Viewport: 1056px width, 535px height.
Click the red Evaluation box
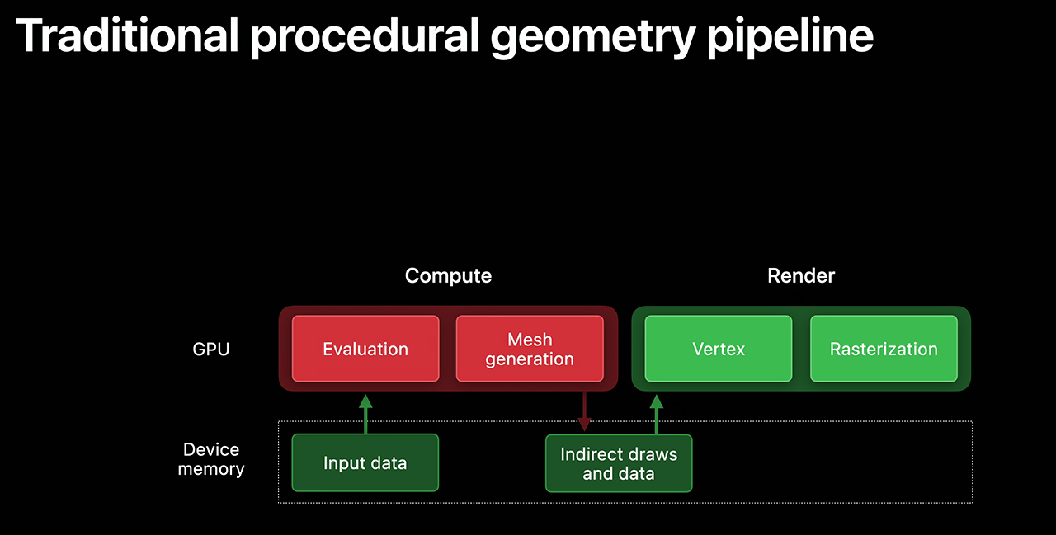365,349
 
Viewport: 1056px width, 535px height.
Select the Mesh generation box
530,349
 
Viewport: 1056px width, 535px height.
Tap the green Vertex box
719,349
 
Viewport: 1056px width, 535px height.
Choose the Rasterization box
884,349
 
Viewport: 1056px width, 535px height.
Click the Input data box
365,462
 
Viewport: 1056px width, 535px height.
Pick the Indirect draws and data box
619,463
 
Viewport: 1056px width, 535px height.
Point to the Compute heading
448,275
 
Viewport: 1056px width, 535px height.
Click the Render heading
801,275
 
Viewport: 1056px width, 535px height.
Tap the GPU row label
211,349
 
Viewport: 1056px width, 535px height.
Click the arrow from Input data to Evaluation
365,413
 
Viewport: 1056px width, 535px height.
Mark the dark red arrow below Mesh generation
584,411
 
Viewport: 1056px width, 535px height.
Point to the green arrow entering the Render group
657,413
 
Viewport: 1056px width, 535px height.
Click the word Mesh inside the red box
530,339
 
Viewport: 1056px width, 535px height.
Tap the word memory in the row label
211,469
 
